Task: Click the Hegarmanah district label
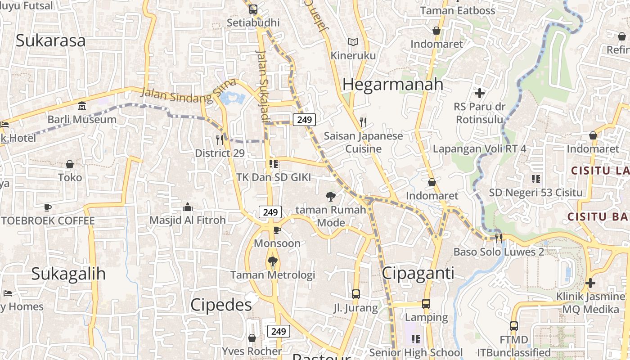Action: click(393, 85)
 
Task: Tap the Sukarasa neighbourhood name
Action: click(50, 40)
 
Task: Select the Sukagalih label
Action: click(68, 274)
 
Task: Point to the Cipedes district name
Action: click(221, 305)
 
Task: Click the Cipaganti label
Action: click(418, 273)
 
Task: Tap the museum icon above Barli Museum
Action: click(82, 107)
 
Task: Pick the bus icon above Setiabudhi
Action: click(253, 9)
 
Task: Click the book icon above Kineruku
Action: click(353, 42)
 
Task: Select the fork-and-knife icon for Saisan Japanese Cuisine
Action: click(363, 122)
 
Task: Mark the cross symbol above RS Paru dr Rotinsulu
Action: click(480, 94)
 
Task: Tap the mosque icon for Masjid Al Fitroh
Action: click(188, 207)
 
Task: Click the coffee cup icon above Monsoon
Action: click(277, 230)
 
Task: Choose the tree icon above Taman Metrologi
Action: click(272, 261)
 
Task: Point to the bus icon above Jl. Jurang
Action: click(355, 294)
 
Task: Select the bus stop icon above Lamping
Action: click(426, 304)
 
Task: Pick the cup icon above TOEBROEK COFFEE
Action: click(48, 207)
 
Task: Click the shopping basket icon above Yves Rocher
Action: click(252, 337)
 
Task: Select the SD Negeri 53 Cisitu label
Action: click(536, 193)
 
